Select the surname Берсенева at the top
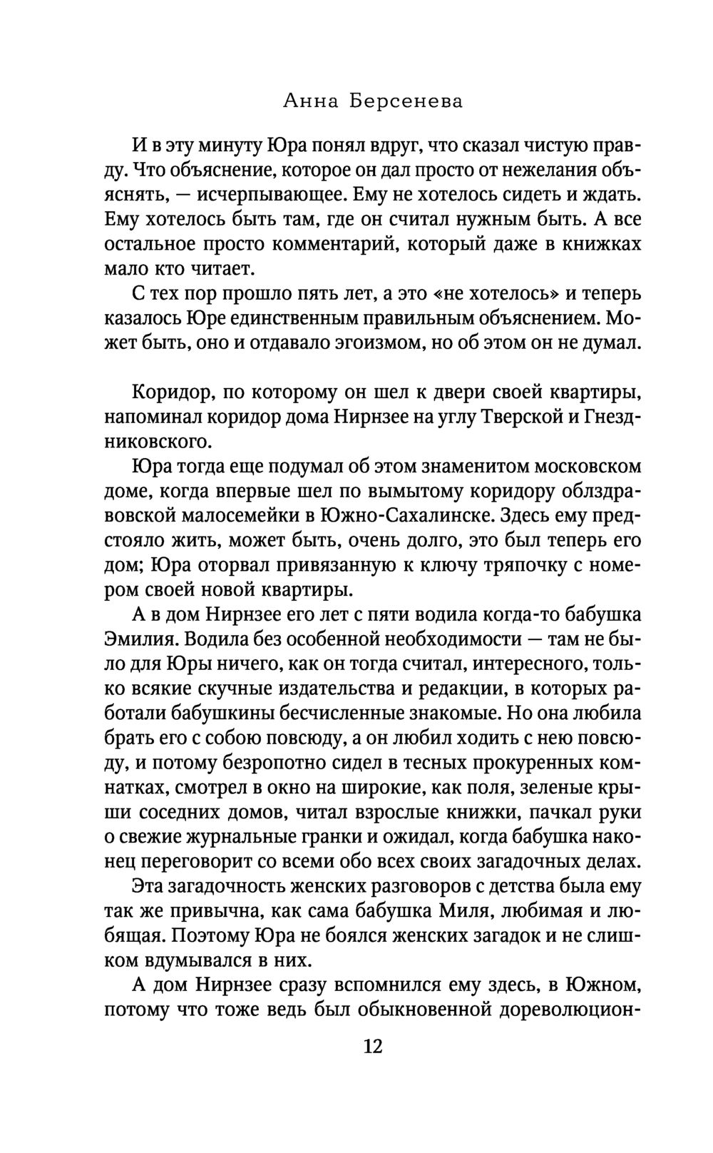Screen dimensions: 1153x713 click(406, 102)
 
